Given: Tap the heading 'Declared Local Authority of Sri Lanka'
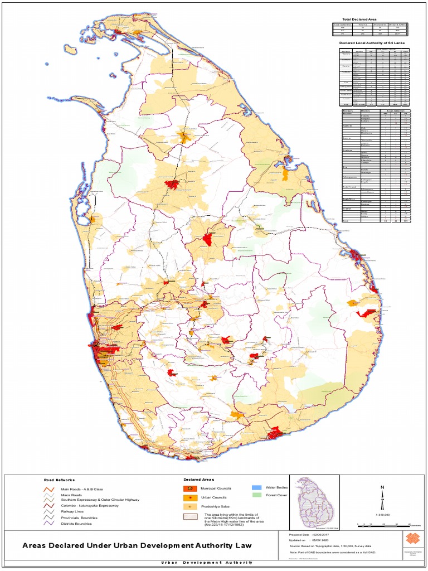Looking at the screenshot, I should [x=371, y=42].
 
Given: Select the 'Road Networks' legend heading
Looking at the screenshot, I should [x=59, y=480].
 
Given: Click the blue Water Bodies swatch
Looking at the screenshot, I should [x=256, y=487].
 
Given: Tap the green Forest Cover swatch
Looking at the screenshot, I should [x=256, y=495].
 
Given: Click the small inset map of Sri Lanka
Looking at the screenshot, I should [x=316, y=500].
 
